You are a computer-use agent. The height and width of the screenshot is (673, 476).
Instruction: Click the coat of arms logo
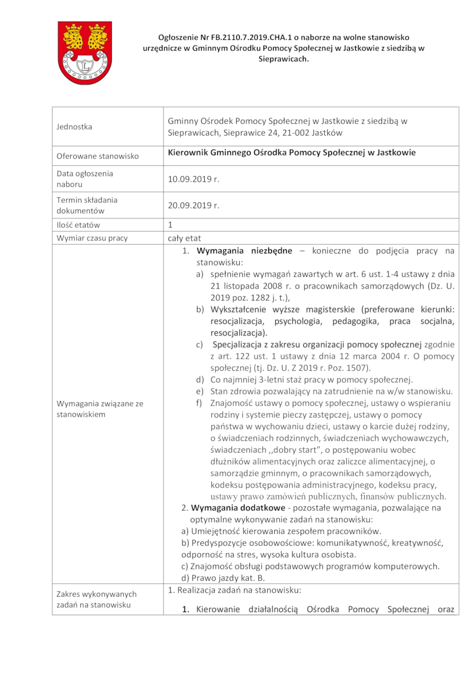pos(84,52)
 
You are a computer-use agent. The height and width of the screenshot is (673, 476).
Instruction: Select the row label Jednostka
pos(74,126)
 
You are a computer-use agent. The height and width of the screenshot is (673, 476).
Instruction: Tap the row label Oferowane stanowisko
pos(98,156)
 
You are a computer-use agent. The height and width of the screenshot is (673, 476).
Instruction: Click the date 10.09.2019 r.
pos(193,179)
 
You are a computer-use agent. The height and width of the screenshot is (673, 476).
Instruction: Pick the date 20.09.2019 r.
pos(193,205)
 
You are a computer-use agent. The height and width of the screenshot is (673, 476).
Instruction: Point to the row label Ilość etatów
pos(79,225)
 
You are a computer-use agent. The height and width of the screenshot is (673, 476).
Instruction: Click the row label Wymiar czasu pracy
pos(92,238)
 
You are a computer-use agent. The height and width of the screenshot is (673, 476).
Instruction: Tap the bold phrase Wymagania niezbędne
pos(244,251)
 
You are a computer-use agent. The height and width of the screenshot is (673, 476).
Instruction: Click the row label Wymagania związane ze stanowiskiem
pos(99,409)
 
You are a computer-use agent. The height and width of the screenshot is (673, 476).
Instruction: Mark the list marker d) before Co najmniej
pos(201,380)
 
